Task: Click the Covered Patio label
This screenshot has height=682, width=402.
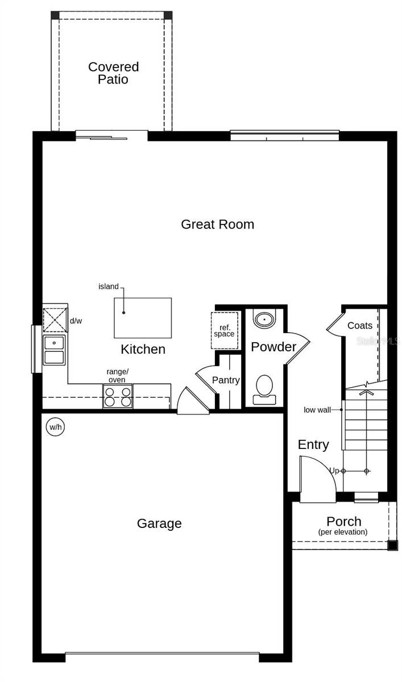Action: (x=113, y=73)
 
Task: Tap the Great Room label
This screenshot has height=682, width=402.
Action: (x=217, y=224)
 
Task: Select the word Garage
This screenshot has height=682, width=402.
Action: (x=159, y=523)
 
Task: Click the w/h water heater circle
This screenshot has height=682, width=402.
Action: (x=55, y=427)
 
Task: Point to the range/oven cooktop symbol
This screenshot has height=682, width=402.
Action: (x=118, y=396)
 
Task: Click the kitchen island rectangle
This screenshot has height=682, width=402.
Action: (x=143, y=318)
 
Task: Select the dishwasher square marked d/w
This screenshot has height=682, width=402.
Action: (x=55, y=321)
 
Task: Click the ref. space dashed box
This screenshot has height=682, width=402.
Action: (x=224, y=330)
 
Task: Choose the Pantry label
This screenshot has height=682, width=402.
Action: (x=226, y=380)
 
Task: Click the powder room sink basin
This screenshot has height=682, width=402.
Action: (x=264, y=319)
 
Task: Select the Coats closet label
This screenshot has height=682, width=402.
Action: (x=360, y=326)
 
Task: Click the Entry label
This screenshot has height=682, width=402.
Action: (x=313, y=445)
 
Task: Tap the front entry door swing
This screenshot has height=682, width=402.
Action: (x=317, y=481)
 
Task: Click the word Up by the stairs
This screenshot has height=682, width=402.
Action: (x=334, y=471)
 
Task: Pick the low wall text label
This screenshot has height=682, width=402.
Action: (x=317, y=410)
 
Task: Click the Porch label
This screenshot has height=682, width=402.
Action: (x=343, y=521)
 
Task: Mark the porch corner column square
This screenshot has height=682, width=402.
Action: (x=393, y=546)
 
